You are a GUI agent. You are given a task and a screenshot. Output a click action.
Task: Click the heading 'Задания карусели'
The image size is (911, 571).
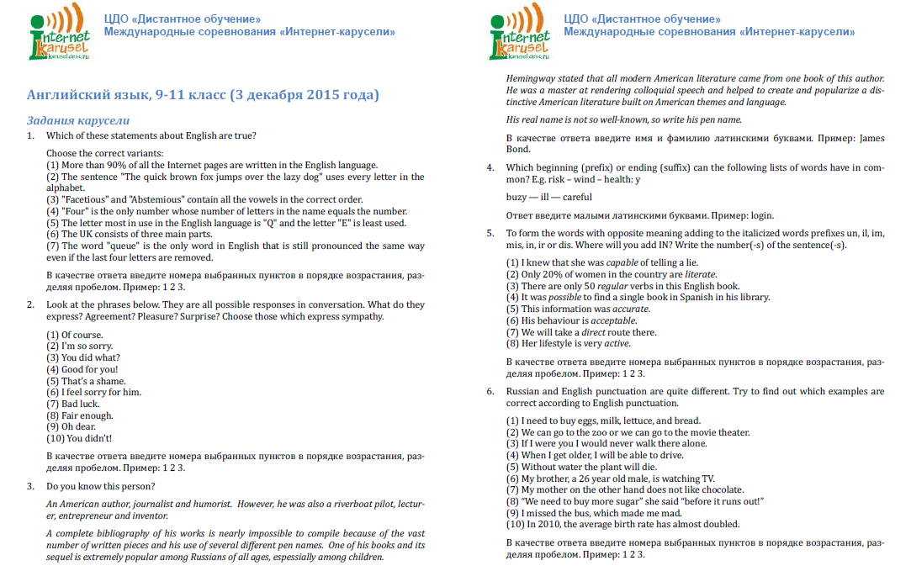pos(78,120)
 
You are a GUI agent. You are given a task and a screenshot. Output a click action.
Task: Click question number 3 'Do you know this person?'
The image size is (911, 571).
pos(100,486)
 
